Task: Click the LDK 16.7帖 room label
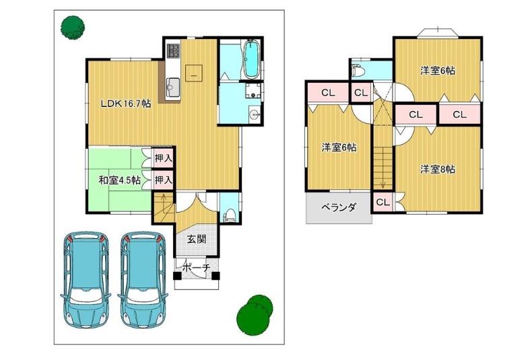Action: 126,104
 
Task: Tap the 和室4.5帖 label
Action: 120,180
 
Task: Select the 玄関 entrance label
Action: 197,240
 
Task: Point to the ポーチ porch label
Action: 197,268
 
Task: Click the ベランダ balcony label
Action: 338,207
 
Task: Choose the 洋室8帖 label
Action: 437,169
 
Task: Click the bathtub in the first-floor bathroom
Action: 251,59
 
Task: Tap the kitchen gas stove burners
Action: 174,50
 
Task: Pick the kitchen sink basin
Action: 174,87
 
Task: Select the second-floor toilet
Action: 357,71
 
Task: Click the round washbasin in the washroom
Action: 254,115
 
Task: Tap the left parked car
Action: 86,279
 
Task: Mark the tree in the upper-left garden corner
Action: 72,28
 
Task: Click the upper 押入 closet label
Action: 164,157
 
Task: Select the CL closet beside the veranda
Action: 383,203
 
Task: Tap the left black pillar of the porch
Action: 177,277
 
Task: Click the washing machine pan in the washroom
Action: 253,92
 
